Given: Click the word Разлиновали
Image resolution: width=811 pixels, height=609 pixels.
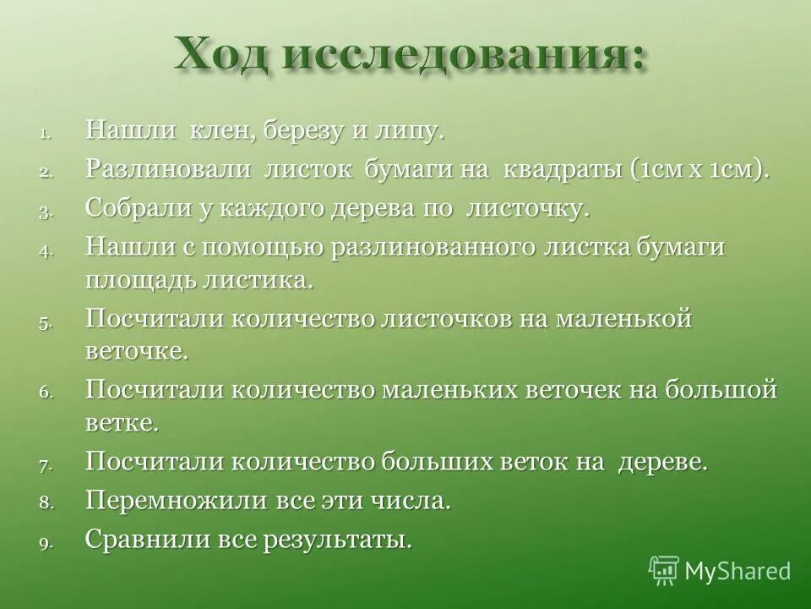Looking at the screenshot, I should (x=168, y=168).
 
